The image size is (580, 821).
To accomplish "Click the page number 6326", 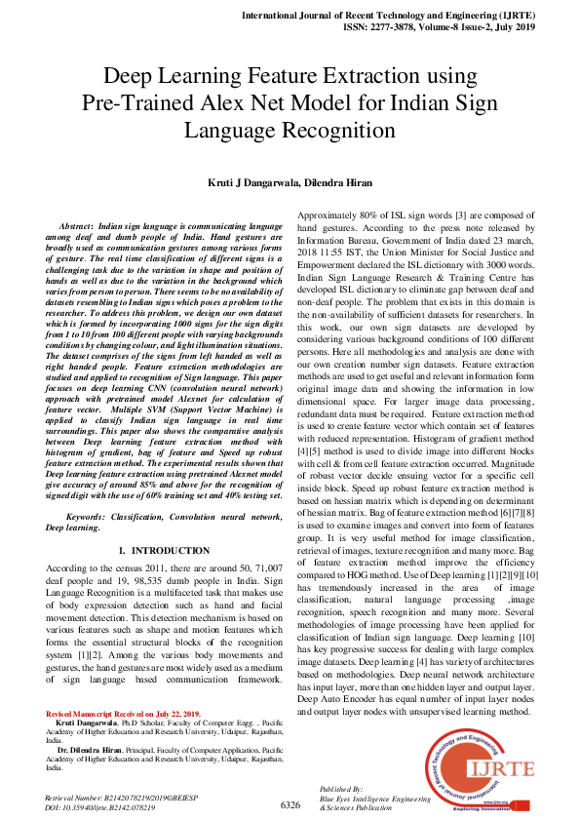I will pos(290,805).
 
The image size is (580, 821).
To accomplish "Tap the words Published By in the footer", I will pos(341,787).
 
